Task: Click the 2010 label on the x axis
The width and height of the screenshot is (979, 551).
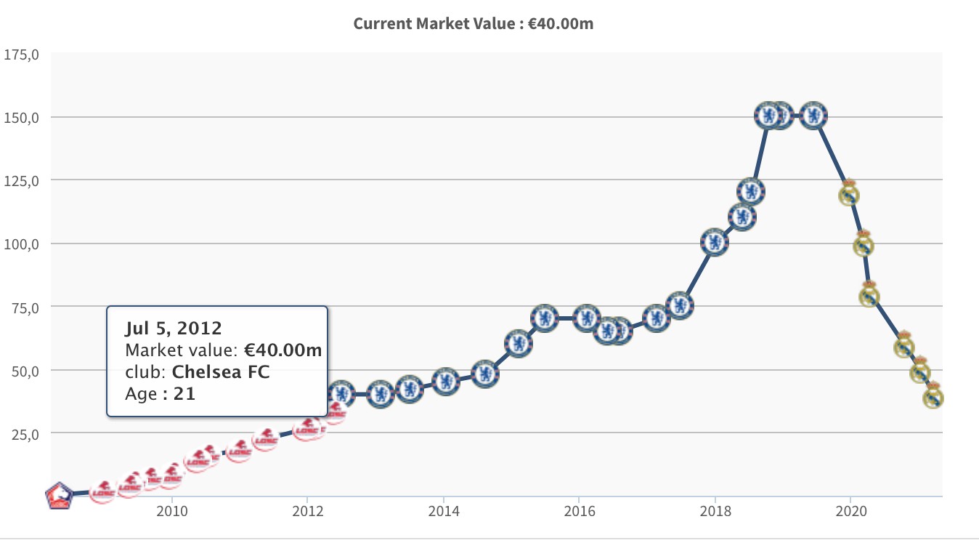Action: tap(172, 511)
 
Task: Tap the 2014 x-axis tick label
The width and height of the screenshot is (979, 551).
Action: tap(444, 511)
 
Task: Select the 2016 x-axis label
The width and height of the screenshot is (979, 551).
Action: tap(579, 511)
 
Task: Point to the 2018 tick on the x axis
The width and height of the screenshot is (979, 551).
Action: tap(715, 511)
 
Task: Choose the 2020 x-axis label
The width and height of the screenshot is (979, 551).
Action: tap(850, 511)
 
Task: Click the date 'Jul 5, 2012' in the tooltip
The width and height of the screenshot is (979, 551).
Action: tap(174, 327)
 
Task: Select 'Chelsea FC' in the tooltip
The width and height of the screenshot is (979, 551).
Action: tap(221, 372)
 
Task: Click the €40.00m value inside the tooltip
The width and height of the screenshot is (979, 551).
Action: tap(283, 350)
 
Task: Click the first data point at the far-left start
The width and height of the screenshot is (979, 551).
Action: tap(60, 496)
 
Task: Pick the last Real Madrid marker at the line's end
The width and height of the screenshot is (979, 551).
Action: tap(933, 397)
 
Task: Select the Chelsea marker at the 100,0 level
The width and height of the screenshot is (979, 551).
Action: tap(715, 243)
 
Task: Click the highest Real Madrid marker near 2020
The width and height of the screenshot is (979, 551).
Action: tap(849, 194)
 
